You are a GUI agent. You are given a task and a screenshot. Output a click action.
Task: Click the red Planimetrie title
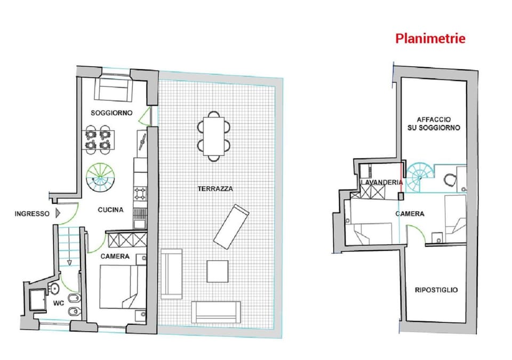pyautogui.click(x=430, y=38)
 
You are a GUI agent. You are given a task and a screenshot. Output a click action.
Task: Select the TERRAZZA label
pyautogui.click(x=215, y=189)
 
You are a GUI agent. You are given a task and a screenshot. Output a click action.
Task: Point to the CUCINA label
pyautogui.click(x=110, y=210)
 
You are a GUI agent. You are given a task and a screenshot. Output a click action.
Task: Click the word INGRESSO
pyautogui.click(x=32, y=214)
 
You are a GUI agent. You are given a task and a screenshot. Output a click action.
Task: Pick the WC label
pyautogui.click(x=59, y=303)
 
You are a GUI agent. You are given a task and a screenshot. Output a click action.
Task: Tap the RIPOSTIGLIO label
pyautogui.click(x=436, y=290)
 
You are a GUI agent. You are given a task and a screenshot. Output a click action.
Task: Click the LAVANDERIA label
pyautogui.click(x=381, y=182)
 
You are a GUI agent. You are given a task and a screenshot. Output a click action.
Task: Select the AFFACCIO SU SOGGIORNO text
pyautogui.click(x=438, y=124)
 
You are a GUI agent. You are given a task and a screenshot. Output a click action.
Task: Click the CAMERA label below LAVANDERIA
pyautogui.click(x=410, y=214)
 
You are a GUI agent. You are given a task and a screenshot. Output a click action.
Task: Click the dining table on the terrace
pyautogui.click(x=214, y=135)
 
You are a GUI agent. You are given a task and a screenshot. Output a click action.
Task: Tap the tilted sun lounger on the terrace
pyautogui.click(x=231, y=226)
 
